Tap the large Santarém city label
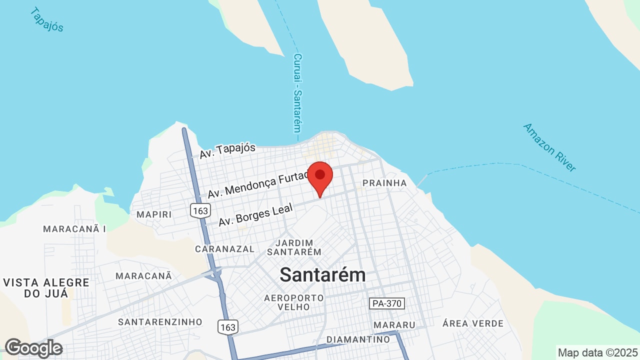pos(322,274)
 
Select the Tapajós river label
pos(47,19)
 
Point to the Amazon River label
pos(549,147)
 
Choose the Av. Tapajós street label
pos(227,150)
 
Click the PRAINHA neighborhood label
pos(384,183)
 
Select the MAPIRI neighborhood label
pos(154,214)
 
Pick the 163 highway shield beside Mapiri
pos(200,210)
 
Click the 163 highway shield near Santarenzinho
pos(227,327)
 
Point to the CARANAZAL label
pos(224,248)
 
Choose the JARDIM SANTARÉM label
pos(294,247)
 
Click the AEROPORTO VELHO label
pos(294,302)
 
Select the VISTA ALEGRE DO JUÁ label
pos(46,287)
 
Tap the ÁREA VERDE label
pos(473,323)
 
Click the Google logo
pos(33,348)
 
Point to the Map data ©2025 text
pos(597,352)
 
